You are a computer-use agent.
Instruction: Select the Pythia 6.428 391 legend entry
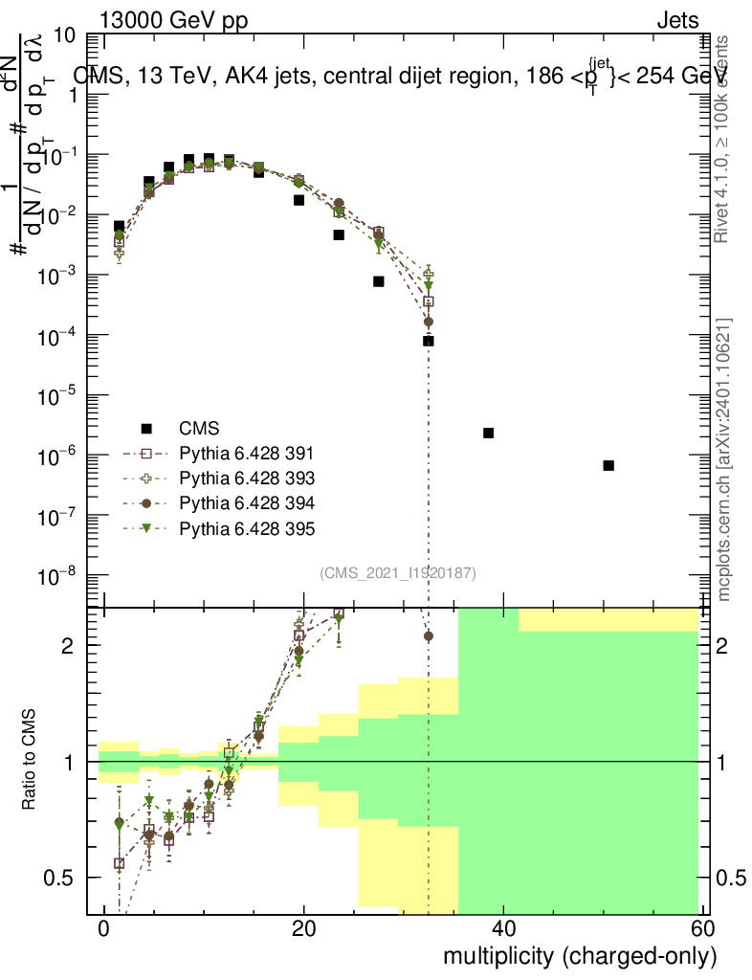pyautogui.click(x=246, y=453)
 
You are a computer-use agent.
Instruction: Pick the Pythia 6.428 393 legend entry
pyautogui.click(x=246, y=478)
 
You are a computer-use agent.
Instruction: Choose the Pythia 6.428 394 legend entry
pyautogui.click(x=246, y=503)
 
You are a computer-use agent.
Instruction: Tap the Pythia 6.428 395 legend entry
pyautogui.click(x=246, y=528)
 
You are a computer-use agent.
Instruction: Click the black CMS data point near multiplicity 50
pyautogui.click(x=608, y=465)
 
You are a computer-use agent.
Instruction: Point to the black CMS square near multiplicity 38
pyautogui.click(x=488, y=433)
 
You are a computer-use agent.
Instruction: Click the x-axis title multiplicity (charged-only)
pyautogui.click(x=579, y=956)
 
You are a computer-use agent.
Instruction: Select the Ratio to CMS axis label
pyautogui.click(x=30, y=761)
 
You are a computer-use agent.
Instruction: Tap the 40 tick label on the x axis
pyautogui.click(x=503, y=929)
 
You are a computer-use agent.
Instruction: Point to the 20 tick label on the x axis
pyautogui.click(x=303, y=929)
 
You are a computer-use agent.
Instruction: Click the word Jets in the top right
pyautogui.click(x=677, y=20)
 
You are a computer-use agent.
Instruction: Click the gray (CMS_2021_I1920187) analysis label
pyautogui.click(x=398, y=573)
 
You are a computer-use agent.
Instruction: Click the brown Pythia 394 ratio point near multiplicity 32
pyautogui.click(x=429, y=635)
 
